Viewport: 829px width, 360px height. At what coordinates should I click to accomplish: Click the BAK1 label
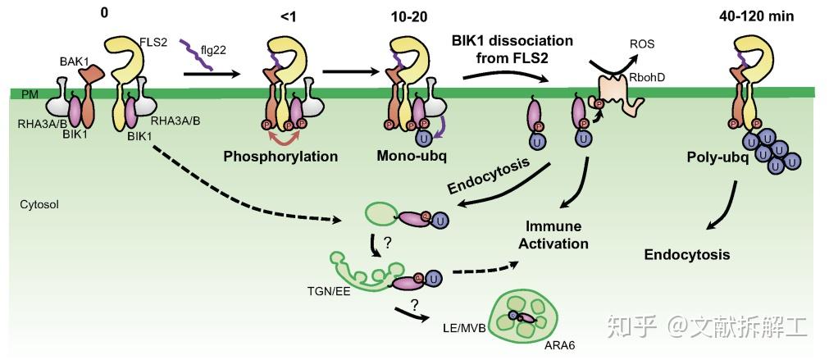74,60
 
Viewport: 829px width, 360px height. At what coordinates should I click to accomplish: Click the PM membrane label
30,96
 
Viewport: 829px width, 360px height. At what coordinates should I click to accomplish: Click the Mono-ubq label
408,155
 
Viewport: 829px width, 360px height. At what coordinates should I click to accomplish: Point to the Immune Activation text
558,235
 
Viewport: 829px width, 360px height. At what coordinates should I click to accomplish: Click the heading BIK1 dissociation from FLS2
512,48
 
